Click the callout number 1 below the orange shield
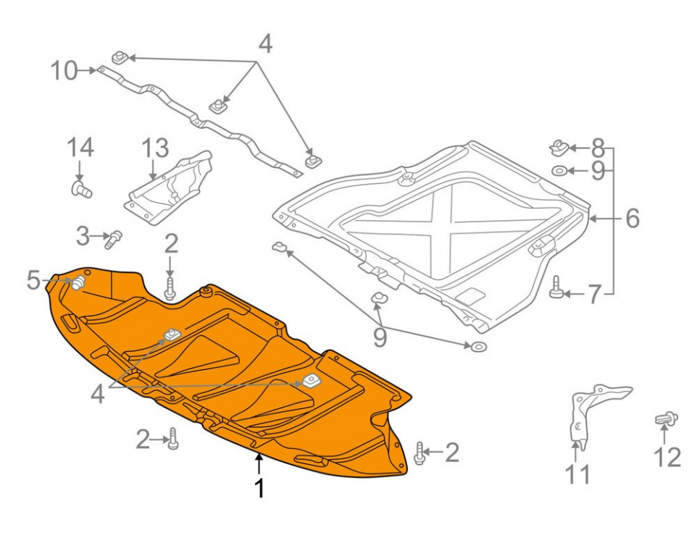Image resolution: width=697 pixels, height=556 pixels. (x=259, y=489)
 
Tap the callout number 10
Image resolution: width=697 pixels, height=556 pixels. (x=64, y=71)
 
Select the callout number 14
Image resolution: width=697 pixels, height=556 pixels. (x=80, y=148)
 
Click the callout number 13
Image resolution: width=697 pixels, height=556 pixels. (x=156, y=148)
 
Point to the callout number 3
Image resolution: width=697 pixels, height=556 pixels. (x=83, y=236)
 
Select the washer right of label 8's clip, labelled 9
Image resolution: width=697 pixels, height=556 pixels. (x=559, y=170)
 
